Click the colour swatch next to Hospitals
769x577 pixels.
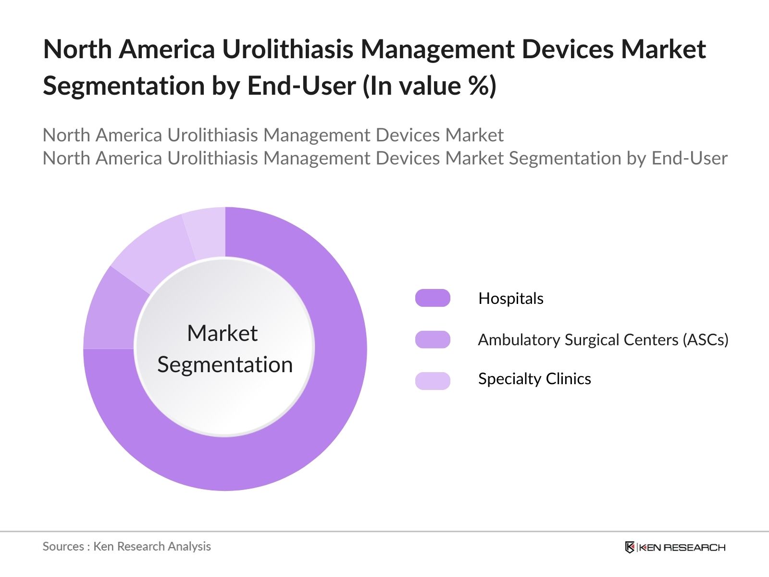click(x=433, y=298)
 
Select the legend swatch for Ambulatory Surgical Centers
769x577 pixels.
click(x=433, y=339)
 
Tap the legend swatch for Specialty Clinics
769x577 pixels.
click(x=433, y=380)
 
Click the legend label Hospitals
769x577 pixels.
click(x=511, y=299)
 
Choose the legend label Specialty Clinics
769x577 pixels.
click(x=534, y=379)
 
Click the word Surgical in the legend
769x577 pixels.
click(x=591, y=340)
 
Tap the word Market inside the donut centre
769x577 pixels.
click(x=222, y=333)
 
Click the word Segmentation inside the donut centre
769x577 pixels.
click(x=225, y=364)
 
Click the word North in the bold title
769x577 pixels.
click(x=77, y=49)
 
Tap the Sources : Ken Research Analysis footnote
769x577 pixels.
click(x=126, y=546)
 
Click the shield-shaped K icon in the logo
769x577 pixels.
click(x=630, y=547)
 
